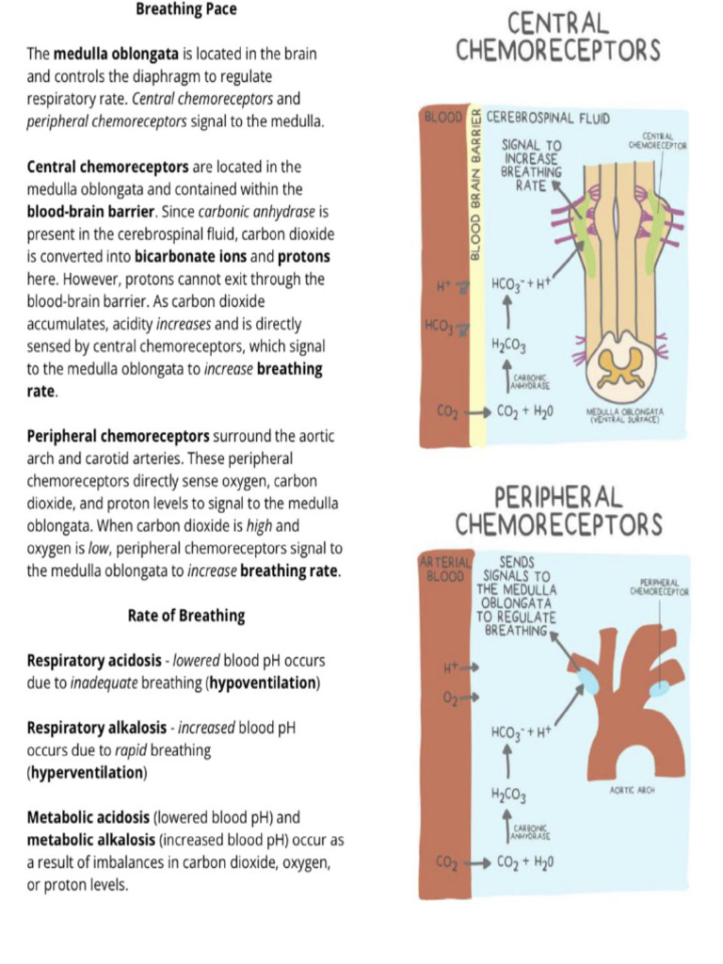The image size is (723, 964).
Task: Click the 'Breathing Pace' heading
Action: pyautogui.click(x=186, y=9)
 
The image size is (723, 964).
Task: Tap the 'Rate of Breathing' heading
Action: pyautogui.click(x=186, y=616)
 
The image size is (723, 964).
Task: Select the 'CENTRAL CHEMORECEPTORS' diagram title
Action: pyautogui.click(x=558, y=36)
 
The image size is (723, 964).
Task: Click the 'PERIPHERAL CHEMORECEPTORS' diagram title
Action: pyautogui.click(x=558, y=509)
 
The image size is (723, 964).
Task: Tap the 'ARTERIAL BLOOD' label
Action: pyautogui.click(x=441, y=568)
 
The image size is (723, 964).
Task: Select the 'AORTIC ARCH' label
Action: pyautogui.click(x=632, y=791)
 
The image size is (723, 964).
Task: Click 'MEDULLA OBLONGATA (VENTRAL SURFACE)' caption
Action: pyautogui.click(x=625, y=415)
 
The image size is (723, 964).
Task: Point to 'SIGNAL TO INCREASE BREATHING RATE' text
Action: pyautogui.click(x=532, y=166)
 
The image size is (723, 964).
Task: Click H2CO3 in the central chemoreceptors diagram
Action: pyautogui.click(x=508, y=346)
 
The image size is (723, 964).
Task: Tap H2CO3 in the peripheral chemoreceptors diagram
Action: pyautogui.click(x=508, y=796)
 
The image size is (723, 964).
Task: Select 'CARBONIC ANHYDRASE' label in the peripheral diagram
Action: pyautogui.click(x=530, y=831)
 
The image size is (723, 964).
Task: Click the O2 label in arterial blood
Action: pyautogui.click(x=451, y=698)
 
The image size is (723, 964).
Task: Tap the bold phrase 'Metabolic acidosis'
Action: pyautogui.click(x=88, y=818)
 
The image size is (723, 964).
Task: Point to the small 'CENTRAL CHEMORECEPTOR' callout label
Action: pyautogui.click(x=658, y=142)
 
